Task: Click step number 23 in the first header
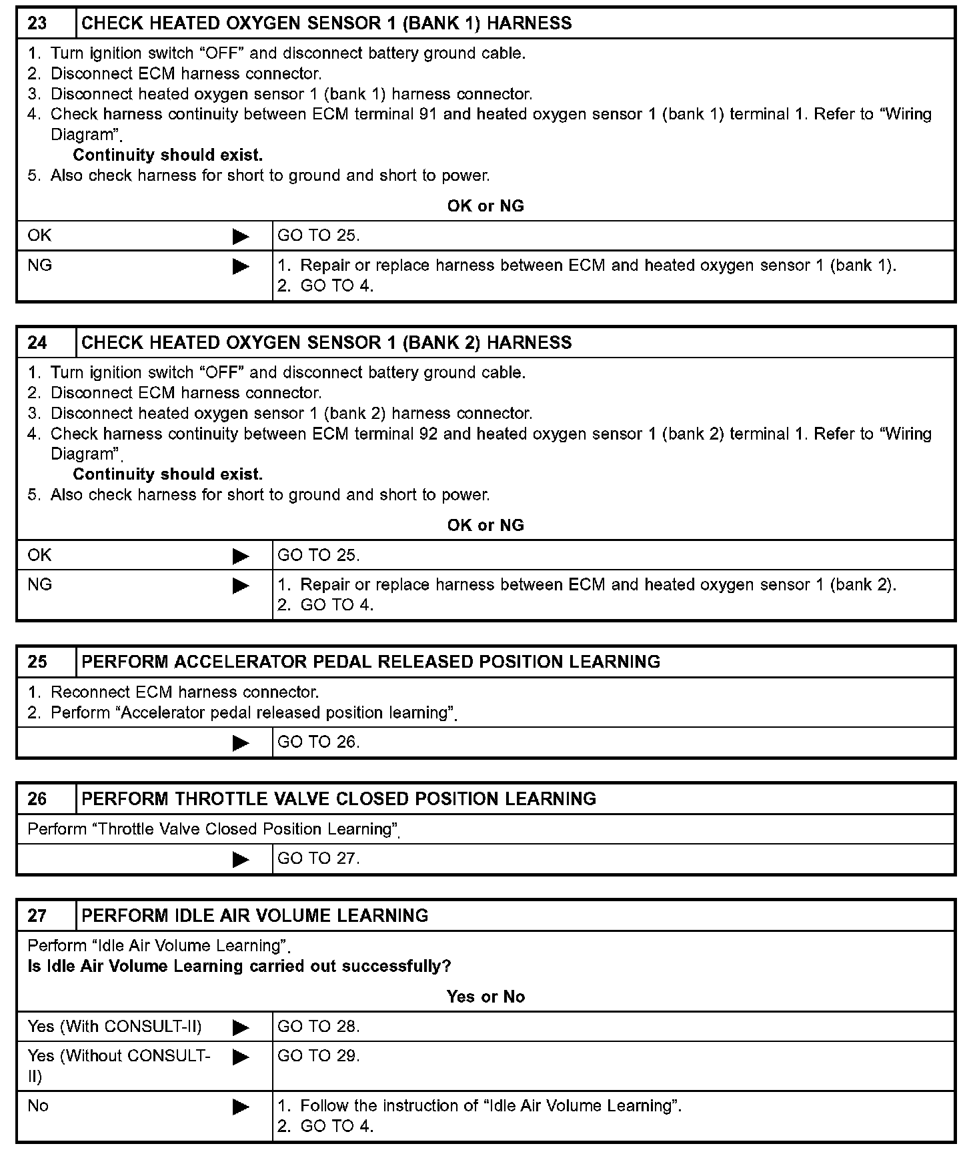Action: (37, 23)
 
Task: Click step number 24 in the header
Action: (37, 343)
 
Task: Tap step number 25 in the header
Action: (37, 662)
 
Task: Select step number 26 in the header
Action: (37, 799)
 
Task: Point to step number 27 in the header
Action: (37, 915)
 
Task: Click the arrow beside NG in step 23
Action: (241, 267)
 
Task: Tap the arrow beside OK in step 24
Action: (241, 556)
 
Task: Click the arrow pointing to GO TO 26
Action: (241, 743)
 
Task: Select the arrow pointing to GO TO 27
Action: (241, 859)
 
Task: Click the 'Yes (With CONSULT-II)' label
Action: (115, 1027)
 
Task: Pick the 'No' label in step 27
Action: (38, 1106)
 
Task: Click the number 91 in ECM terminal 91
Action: (429, 114)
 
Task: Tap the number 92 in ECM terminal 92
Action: (429, 434)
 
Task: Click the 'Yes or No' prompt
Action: (485, 997)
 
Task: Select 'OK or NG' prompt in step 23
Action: (485, 206)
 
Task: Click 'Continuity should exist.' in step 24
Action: (167, 474)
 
